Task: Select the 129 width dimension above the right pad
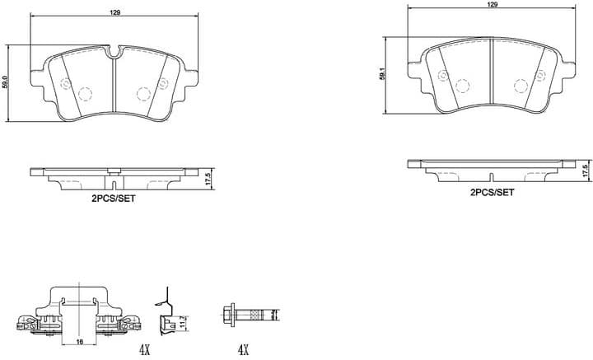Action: pos(492,5)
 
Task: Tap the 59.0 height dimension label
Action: pos(6,82)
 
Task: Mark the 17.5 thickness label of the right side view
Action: pos(585,171)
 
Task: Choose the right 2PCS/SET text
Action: pos(492,192)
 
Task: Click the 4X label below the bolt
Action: pos(242,350)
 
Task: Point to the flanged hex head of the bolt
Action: pos(231,314)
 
